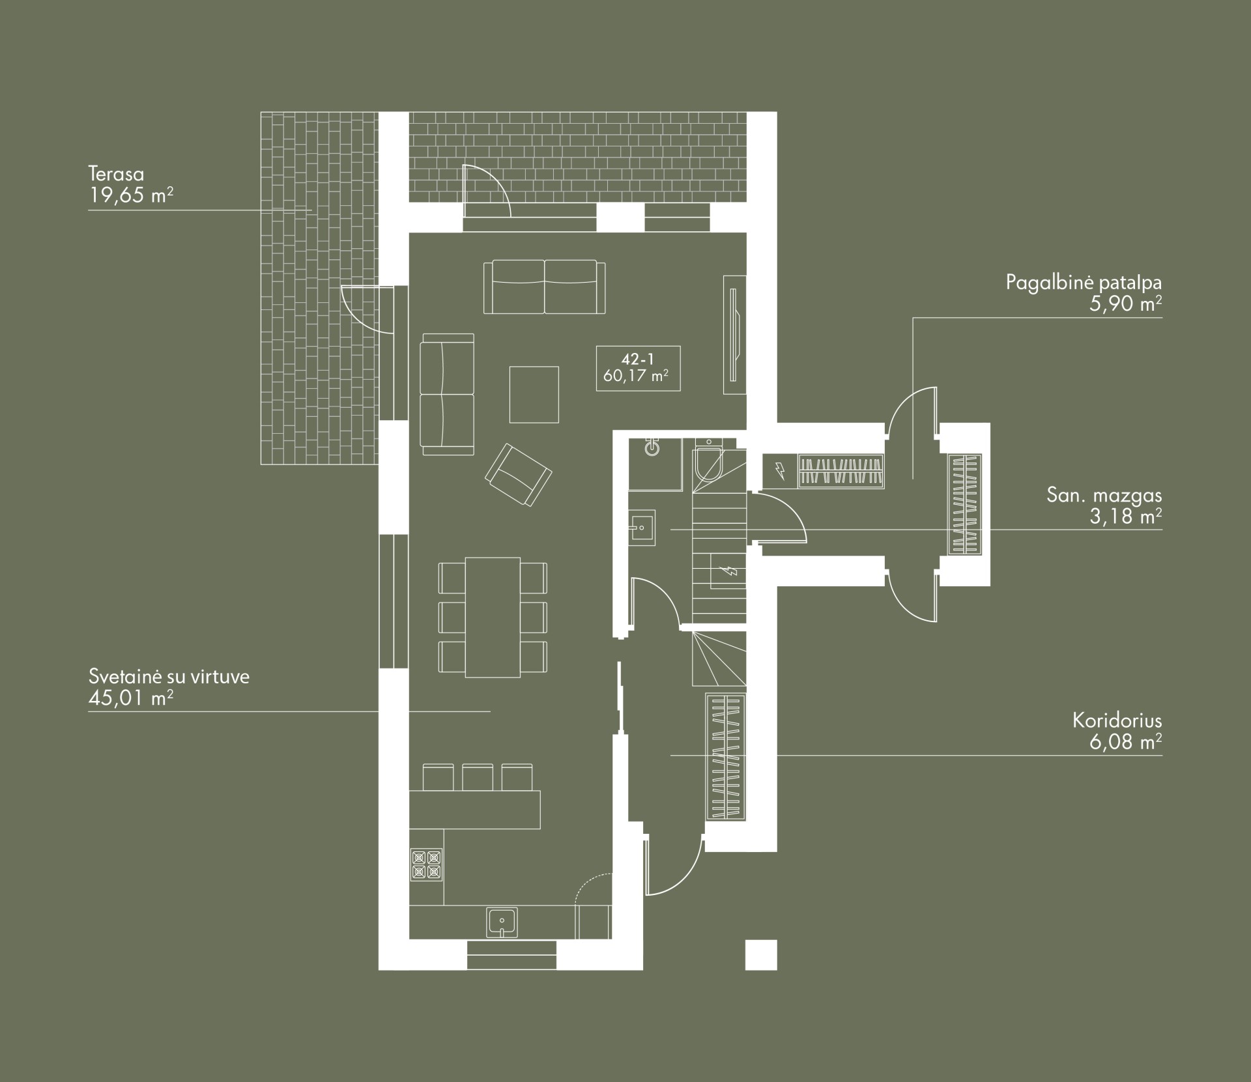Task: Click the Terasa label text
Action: point(116,175)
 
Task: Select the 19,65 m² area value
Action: point(131,195)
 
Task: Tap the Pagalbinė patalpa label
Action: point(1084,283)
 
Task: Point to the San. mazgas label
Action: point(1104,494)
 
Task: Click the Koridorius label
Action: point(1117,720)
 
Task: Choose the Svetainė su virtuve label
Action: point(169,677)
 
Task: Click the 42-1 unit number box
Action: point(638,368)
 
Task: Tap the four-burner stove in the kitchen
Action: point(427,864)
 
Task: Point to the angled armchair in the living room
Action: point(519,474)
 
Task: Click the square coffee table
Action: point(534,395)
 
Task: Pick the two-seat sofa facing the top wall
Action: point(545,287)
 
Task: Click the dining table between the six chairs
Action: point(493,617)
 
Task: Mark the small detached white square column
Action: point(761,955)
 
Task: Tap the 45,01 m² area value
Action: point(131,698)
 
